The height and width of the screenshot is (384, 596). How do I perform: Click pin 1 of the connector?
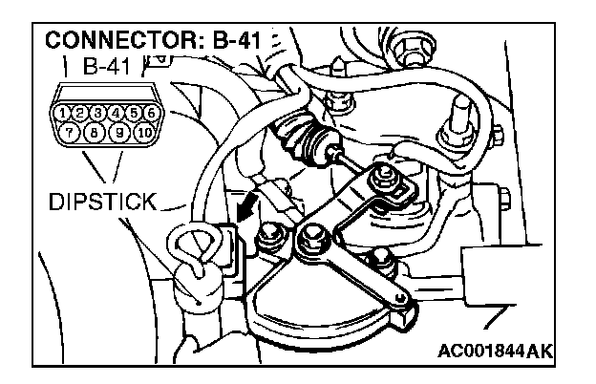tap(64, 114)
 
